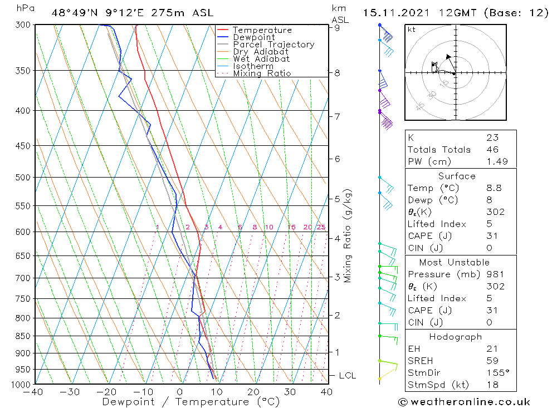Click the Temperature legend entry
tap(262, 30)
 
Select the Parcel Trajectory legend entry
tap(273, 45)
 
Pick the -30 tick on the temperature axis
tap(70, 392)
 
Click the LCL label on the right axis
tap(347, 376)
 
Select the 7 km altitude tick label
tap(338, 116)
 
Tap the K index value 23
tap(492, 137)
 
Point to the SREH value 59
tap(492, 361)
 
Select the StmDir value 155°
tap(495, 373)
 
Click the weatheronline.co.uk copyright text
tap(465, 402)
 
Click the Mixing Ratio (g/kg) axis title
tap(348, 236)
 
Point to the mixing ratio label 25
tap(321, 227)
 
